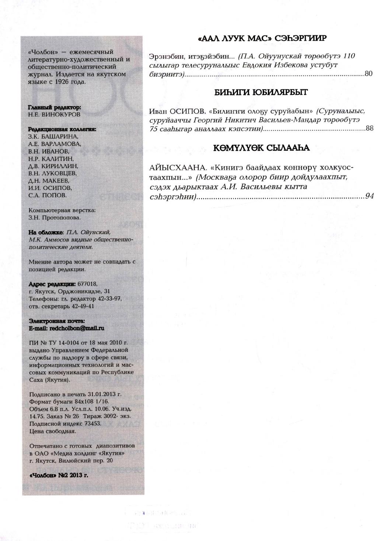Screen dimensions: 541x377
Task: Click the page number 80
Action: pos(369,74)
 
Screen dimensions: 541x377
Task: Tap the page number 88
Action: pos(370,129)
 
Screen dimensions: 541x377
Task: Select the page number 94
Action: pos(370,196)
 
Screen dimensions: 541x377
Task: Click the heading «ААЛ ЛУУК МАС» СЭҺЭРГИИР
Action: pos(262,38)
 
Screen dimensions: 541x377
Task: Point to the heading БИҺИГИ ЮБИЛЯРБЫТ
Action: pos(261,93)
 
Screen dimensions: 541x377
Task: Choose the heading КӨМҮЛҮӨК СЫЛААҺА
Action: pos(261,148)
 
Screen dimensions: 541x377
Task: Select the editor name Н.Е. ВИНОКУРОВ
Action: pos(54,114)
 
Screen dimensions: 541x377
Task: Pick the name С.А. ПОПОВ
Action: pos(48,195)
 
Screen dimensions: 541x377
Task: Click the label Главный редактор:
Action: pos(54,107)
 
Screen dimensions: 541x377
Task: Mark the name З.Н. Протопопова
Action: pos(54,217)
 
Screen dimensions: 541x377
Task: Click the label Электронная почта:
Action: pos(57,321)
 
